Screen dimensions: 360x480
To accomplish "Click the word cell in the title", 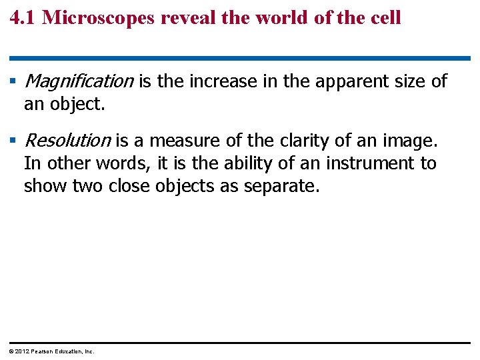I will click(x=385, y=17).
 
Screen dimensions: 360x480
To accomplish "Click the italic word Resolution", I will click(x=67, y=141).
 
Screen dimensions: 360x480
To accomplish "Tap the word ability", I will click(x=244, y=163).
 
